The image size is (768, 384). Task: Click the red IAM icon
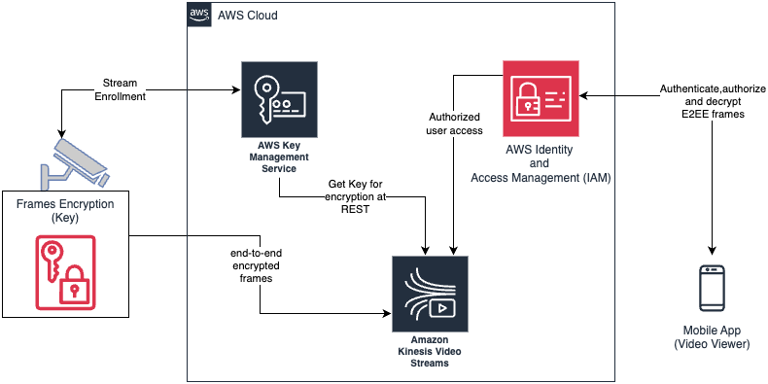541,99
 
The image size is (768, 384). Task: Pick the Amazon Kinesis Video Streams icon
429,294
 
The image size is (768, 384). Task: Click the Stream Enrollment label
120,90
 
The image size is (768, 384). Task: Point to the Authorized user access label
455,124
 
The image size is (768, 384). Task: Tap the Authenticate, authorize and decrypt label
713,101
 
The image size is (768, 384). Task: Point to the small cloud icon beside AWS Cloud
199,16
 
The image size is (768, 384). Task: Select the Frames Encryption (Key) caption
64,211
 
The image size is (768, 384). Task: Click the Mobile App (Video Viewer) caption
716,338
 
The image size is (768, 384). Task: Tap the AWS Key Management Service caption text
279,157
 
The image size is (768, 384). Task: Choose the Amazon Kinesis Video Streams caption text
429,352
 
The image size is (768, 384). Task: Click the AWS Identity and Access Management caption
541,164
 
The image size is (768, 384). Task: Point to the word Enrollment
120,97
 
